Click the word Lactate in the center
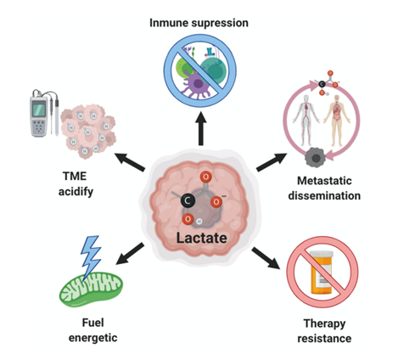tap(201, 238)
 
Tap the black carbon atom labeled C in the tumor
tap(188, 200)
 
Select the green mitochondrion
tap(91, 290)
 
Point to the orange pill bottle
tap(322, 273)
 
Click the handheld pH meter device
tap(39, 116)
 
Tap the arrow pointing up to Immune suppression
tap(201, 128)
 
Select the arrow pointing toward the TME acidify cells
tap(130, 162)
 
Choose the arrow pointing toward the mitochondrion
tap(131, 254)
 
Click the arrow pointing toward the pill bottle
tap(266, 258)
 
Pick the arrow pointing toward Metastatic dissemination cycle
tap(272, 162)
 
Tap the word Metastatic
tap(324, 181)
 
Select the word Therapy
tap(324, 323)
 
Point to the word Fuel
tap(93, 323)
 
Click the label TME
tap(75, 177)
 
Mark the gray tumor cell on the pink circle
tap(316, 157)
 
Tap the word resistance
tap(324, 339)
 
